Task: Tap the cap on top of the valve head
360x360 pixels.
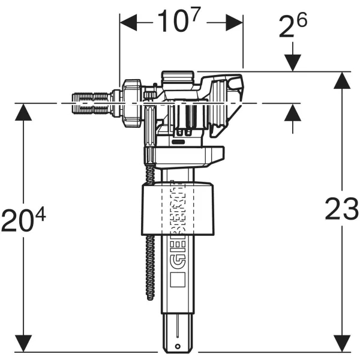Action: point(178,76)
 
